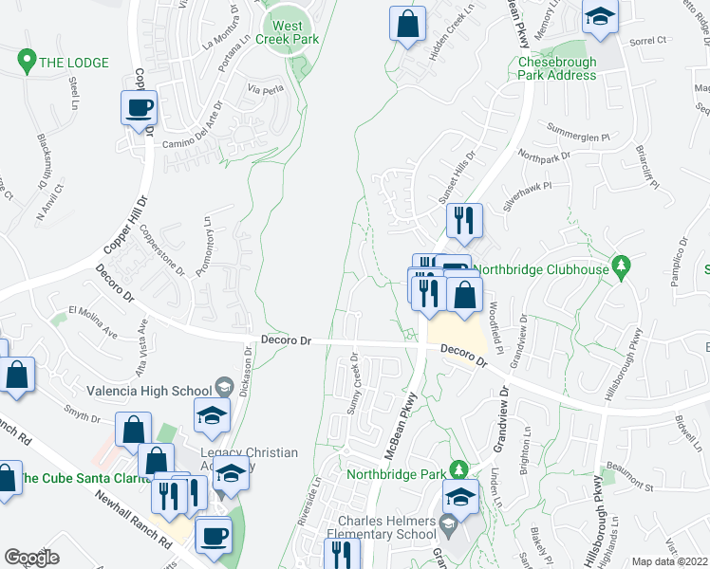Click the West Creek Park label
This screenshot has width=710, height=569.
294,34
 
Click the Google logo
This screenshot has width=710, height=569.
31,558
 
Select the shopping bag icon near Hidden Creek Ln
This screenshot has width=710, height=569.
407,25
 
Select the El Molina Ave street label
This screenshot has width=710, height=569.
92,321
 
